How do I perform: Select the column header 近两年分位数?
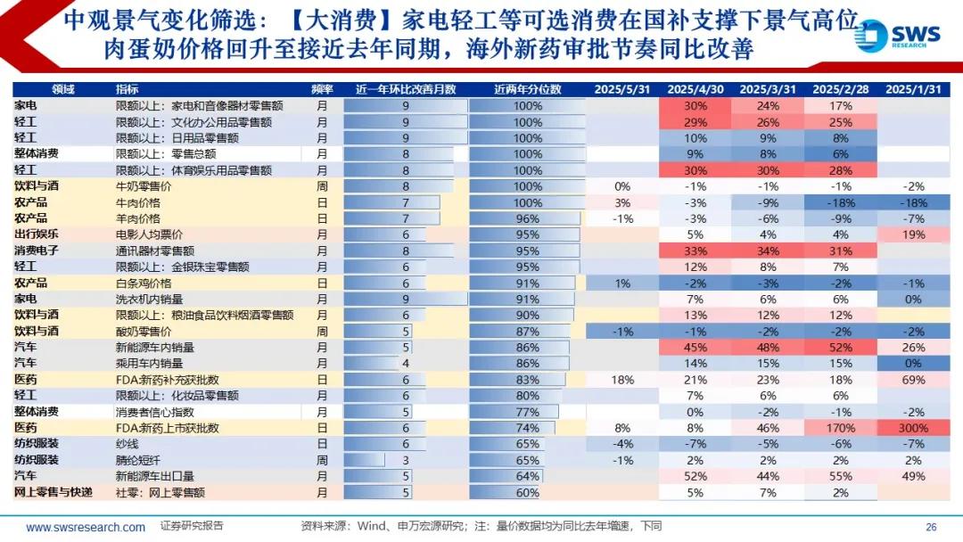pyautogui.click(x=527, y=89)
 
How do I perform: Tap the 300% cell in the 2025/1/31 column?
pyautogui.click(x=914, y=428)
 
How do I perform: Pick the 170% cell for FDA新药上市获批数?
pyautogui.click(x=841, y=428)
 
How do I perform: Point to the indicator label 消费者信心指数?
pyautogui.click(x=149, y=412)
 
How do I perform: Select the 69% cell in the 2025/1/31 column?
pyautogui.click(x=914, y=380)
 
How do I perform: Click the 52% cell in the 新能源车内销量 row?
pyautogui.click(x=841, y=348)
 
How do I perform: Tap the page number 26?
pyautogui.click(x=931, y=527)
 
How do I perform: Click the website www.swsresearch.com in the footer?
pyautogui.click(x=86, y=527)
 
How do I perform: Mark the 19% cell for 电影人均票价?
pyautogui.click(x=914, y=234)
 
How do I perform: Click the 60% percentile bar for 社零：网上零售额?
pyautogui.click(x=527, y=492)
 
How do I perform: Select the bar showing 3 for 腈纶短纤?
pyautogui.click(x=406, y=460)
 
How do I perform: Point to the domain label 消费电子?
pyautogui.click(x=37, y=250)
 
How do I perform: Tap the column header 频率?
pyautogui.click(x=322, y=89)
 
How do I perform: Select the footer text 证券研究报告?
pyautogui.click(x=193, y=526)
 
